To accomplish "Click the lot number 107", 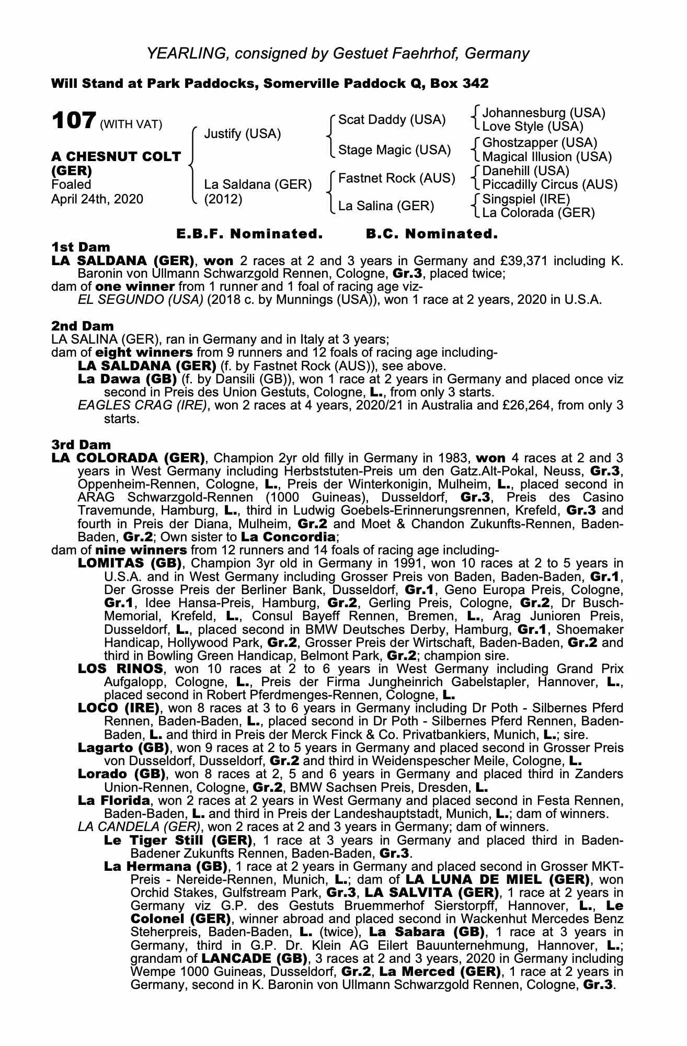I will (x=73, y=121).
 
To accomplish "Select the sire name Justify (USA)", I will (x=242, y=134).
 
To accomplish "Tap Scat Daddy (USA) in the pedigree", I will (x=392, y=120).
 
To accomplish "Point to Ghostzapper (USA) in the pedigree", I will (x=539, y=143).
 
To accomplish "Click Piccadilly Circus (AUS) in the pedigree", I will (x=549, y=185).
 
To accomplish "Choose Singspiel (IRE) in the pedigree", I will (x=526, y=199).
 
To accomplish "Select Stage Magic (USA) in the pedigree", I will (x=394, y=150).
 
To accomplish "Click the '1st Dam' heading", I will (x=81, y=247).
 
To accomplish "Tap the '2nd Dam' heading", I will (x=82, y=326).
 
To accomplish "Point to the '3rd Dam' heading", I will (x=81, y=445).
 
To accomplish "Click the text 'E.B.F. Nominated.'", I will (x=249, y=234).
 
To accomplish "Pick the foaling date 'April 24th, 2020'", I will (x=97, y=199).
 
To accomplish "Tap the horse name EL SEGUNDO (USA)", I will (x=140, y=300).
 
